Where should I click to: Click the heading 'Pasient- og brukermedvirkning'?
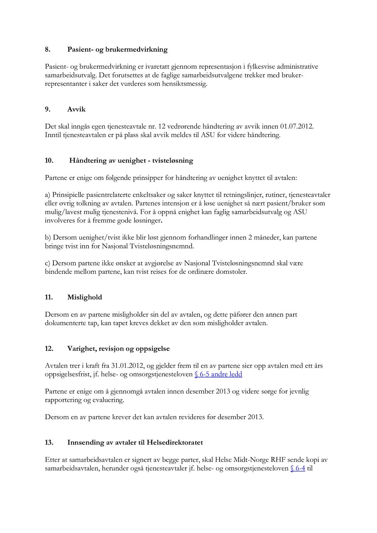[117, 50]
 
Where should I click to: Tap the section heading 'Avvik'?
[76, 110]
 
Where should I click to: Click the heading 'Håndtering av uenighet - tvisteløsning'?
[131, 161]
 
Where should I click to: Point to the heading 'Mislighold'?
[85, 297]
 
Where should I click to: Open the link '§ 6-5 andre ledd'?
[219, 374]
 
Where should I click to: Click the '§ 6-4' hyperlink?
[298, 468]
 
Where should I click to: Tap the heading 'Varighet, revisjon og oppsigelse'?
[118, 349]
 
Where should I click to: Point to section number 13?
[49, 443]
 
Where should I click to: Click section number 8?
[48, 50]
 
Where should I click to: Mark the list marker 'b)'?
[48, 238]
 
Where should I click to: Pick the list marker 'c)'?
[48, 263]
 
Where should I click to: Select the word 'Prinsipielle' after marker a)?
[70, 195]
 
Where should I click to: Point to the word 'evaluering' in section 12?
[108, 400]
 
